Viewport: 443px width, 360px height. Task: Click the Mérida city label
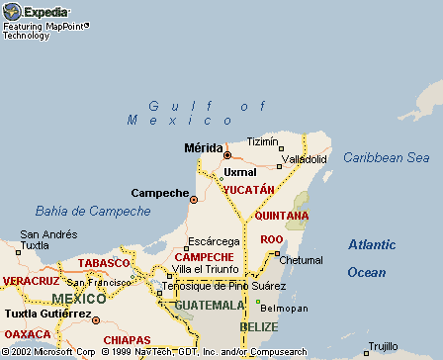click(x=204, y=148)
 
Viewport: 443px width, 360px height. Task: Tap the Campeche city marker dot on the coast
click(x=194, y=199)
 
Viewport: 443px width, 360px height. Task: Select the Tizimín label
click(x=264, y=141)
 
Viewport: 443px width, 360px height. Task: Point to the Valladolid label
click(x=305, y=158)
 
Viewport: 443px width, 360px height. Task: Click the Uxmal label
click(x=240, y=172)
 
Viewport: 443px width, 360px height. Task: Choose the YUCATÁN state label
click(x=248, y=189)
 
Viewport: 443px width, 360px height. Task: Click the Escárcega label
click(x=213, y=240)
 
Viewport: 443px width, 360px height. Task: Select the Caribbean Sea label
click(x=386, y=157)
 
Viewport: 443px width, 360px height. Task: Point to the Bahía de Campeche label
click(x=93, y=211)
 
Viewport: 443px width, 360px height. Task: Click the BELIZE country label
click(x=258, y=325)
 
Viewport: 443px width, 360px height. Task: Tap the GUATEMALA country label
click(x=209, y=306)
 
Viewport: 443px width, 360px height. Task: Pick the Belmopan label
click(x=284, y=308)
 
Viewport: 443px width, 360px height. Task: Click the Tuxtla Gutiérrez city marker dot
click(x=96, y=320)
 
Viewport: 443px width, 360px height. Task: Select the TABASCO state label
click(x=104, y=263)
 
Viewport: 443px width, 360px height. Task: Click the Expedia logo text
click(x=45, y=12)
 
